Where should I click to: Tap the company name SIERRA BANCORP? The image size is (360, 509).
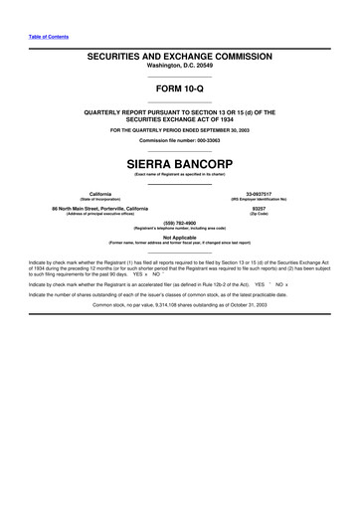(179, 157)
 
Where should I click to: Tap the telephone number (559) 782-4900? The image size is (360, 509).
(179, 223)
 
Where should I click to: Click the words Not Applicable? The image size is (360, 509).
(179, 238)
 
